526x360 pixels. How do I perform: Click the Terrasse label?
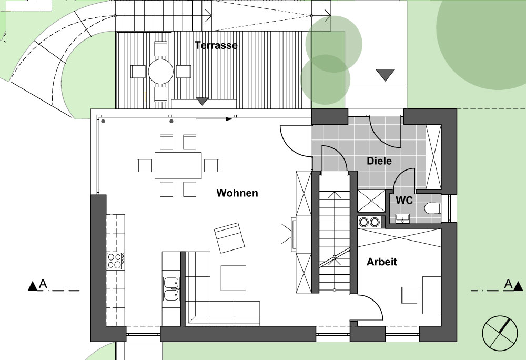coord(216,45)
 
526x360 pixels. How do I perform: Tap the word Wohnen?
coord(237,193)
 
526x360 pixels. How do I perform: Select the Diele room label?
coord(379,161)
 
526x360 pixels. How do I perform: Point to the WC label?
coord(404,201)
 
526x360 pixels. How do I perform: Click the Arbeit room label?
coord(382,262)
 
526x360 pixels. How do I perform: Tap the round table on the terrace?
coord(160,72)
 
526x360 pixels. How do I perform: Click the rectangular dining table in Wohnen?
coord(178,165)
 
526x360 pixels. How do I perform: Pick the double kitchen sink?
coord(172,289)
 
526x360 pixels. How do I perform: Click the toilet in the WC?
coord(432,208)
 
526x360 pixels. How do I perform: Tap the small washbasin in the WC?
coord(402,218)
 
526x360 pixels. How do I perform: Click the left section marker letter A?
coord(43,284)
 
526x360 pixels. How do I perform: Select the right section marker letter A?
coord(509,284)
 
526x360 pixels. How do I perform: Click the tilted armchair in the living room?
coord(230,237)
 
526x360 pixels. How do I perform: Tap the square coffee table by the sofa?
coord(233,278)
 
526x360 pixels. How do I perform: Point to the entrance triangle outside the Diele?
coord(385,75)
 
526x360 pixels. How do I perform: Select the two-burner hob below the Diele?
coord(369,222)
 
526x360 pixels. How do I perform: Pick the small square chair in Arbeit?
coord(409,295)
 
